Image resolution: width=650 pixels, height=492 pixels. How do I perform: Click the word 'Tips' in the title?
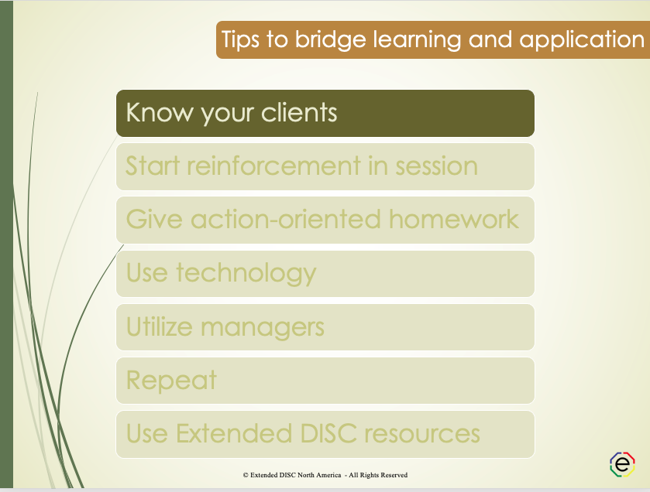[x=241, y=39]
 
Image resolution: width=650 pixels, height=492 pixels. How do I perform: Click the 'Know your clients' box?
[x=325, y=113]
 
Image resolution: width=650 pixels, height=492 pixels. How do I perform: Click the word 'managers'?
[x=263, y=326]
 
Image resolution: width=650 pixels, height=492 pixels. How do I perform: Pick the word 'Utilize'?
[x=160, y=326]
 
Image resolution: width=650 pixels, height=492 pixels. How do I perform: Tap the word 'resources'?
[x=420, y=433]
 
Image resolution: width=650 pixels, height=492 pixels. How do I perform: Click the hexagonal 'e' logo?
[x=622, y=463]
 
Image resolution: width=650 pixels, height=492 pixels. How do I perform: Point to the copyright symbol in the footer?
[x=246, y=475]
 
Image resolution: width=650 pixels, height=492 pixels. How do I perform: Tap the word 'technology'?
[x=246, y=273]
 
